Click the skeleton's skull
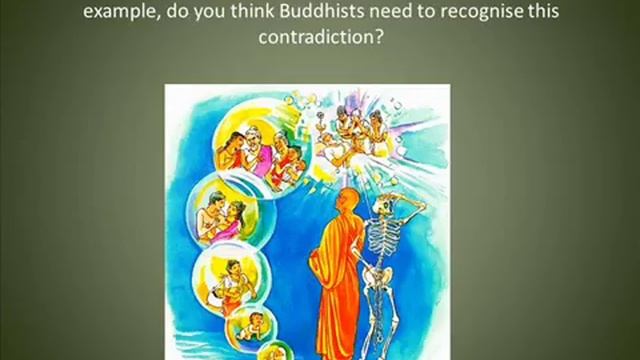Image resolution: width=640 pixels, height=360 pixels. click(389, 199)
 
